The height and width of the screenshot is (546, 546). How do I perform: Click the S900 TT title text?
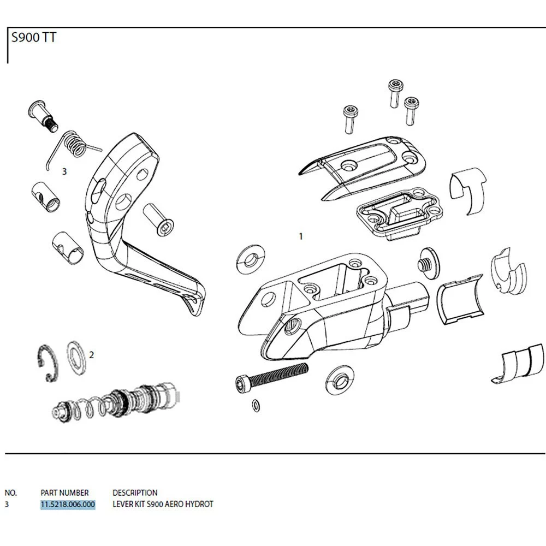[33, 39]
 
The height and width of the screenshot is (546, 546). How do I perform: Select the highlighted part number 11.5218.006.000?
[68, 504]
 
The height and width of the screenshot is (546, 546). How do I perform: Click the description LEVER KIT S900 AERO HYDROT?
[163, 504]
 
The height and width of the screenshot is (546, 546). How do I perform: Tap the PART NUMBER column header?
[64, 492]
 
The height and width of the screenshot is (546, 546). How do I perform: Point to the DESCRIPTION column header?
[135, 492]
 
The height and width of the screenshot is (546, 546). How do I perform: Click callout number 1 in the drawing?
[300, 237]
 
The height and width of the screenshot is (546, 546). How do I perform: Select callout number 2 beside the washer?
[92, 355]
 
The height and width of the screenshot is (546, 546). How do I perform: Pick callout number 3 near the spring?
[64, 171]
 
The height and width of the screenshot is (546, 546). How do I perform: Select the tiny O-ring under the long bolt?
[256, 405]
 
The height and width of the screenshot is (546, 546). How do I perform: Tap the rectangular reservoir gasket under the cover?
[399, 213]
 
